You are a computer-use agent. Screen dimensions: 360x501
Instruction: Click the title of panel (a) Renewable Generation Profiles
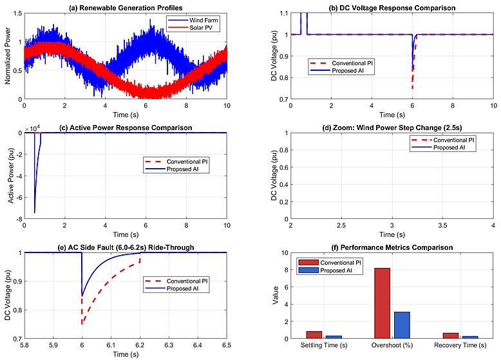(126, 8)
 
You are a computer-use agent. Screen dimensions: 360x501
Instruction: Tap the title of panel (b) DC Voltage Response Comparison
(392, 8)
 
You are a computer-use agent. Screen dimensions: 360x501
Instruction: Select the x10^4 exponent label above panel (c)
(32, 128)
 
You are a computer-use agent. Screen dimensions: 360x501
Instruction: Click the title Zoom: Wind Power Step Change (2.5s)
(392, 128)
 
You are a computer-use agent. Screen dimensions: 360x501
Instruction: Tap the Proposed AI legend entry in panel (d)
(453, 147)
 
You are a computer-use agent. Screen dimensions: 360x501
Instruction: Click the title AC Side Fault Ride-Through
(126, 247)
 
